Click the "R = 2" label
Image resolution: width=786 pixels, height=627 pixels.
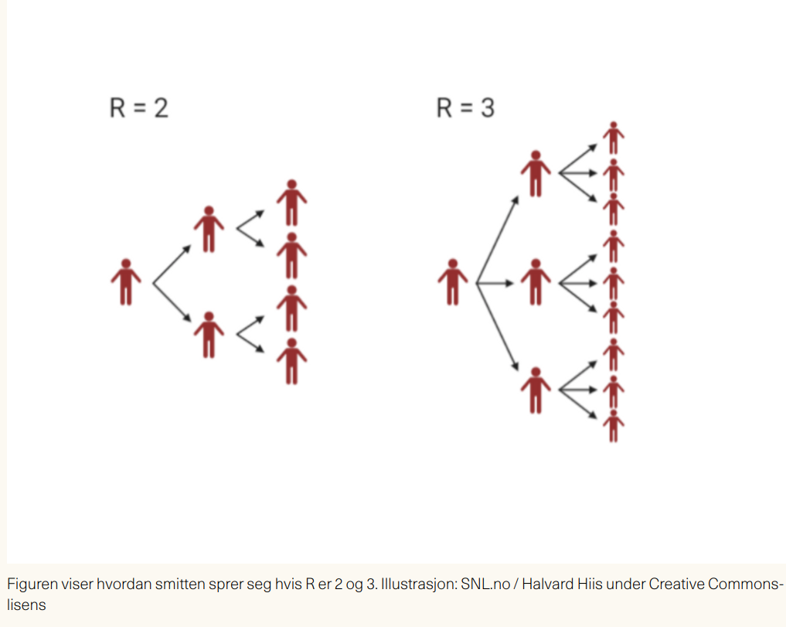139,107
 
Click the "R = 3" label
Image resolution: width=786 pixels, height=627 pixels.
465,107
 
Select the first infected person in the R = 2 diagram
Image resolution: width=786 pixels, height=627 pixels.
126,281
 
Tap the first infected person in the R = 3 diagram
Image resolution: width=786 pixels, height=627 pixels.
453,281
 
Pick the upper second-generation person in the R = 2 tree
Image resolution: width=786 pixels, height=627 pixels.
208,229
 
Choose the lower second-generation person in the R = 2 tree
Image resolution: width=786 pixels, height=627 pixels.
208,335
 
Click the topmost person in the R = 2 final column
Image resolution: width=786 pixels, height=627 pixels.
291,203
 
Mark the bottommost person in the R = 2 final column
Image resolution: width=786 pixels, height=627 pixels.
291,360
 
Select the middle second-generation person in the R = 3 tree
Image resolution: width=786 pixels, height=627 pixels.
535,282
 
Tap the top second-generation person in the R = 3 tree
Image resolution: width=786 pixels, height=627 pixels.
535,173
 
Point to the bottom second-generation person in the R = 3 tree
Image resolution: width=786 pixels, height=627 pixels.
535,390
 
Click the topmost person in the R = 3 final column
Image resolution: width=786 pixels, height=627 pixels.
613,138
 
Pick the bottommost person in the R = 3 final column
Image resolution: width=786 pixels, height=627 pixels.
613,426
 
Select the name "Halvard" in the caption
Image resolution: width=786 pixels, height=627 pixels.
549,584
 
